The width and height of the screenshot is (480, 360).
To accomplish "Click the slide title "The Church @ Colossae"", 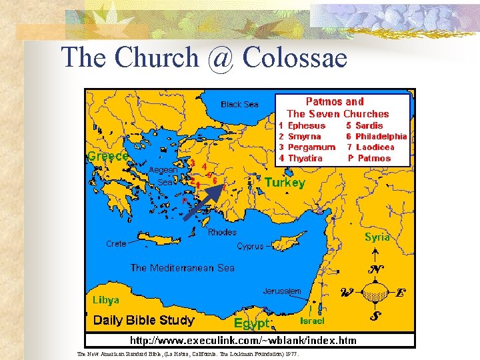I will (204, 58).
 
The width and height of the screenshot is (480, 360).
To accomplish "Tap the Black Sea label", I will (239, 105).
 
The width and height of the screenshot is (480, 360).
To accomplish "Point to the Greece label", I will (108, 156).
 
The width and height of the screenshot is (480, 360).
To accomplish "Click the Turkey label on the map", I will (285, 182).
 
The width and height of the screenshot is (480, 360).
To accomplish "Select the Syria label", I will (377, 237).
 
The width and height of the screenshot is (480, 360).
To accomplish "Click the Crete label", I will (116, 244).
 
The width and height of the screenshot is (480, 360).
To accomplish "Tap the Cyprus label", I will (251, 246).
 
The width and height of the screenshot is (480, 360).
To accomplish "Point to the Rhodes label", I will (222, 233).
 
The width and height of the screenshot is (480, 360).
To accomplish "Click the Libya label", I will (106, 299).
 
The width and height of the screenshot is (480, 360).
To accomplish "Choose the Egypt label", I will (252, 324).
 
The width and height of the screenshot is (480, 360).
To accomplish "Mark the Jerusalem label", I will (282, 291).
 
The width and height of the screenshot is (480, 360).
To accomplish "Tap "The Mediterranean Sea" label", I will (183, 268).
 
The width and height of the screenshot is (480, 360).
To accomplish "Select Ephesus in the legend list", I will (306, 125).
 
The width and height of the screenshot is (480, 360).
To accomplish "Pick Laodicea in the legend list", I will (375, 147).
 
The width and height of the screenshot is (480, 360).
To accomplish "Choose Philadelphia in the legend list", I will (381, 136).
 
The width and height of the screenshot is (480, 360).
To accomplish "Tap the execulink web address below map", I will (243, 341).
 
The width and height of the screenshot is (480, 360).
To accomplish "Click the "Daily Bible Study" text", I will (144, 321).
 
